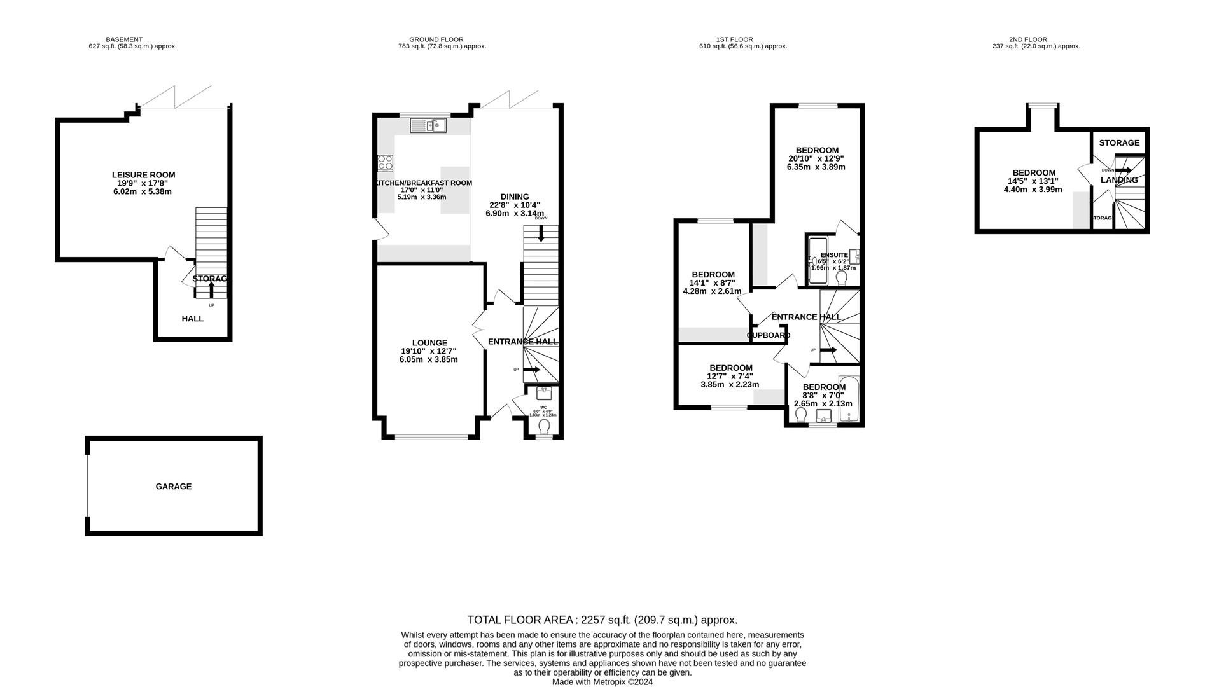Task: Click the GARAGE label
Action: click(x=174, y=487)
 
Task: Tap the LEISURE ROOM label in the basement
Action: click(x=143, y=175)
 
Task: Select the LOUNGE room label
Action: click(x=429, y=343)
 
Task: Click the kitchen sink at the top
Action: click(x=428, y=125)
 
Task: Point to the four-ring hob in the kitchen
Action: click(x=385, y=163)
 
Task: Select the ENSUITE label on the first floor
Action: click(x=834, y=255)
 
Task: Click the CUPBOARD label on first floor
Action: click(x=769, y=335)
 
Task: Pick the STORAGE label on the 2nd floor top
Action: click(x=1119, y=143)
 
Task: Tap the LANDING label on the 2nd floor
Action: click(x=1119, y=180)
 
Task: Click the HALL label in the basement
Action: click(x=192, y=319)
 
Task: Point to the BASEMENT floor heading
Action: click(x=124, y=39)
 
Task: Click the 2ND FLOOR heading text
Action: click(x=1027, y=39)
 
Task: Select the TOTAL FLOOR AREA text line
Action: click(x=602, y=620)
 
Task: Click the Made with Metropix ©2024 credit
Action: click(x=602, y=682)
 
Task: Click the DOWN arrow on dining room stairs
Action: click(x=541, y=233)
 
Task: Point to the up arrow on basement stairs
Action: click(x=212, y=290)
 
